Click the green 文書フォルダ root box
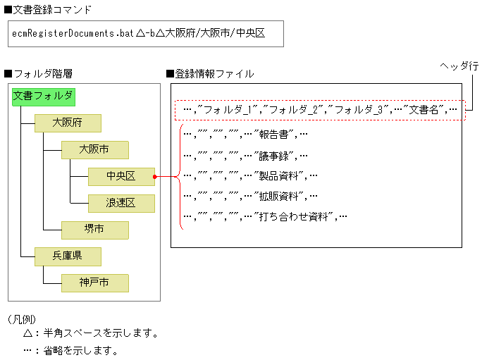tap(42, 97)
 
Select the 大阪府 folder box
tap(68, 123)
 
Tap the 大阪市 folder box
tap(94, 149)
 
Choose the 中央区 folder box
tap(121, 176)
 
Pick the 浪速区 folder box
tap(121, 203)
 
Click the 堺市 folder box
tap(94, 229)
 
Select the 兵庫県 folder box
tap(68, 256)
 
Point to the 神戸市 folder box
tap(94, 283)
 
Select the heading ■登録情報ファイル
tap(210, 73)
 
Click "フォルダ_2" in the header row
tap(293, 110)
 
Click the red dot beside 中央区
tap(156, 177)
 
